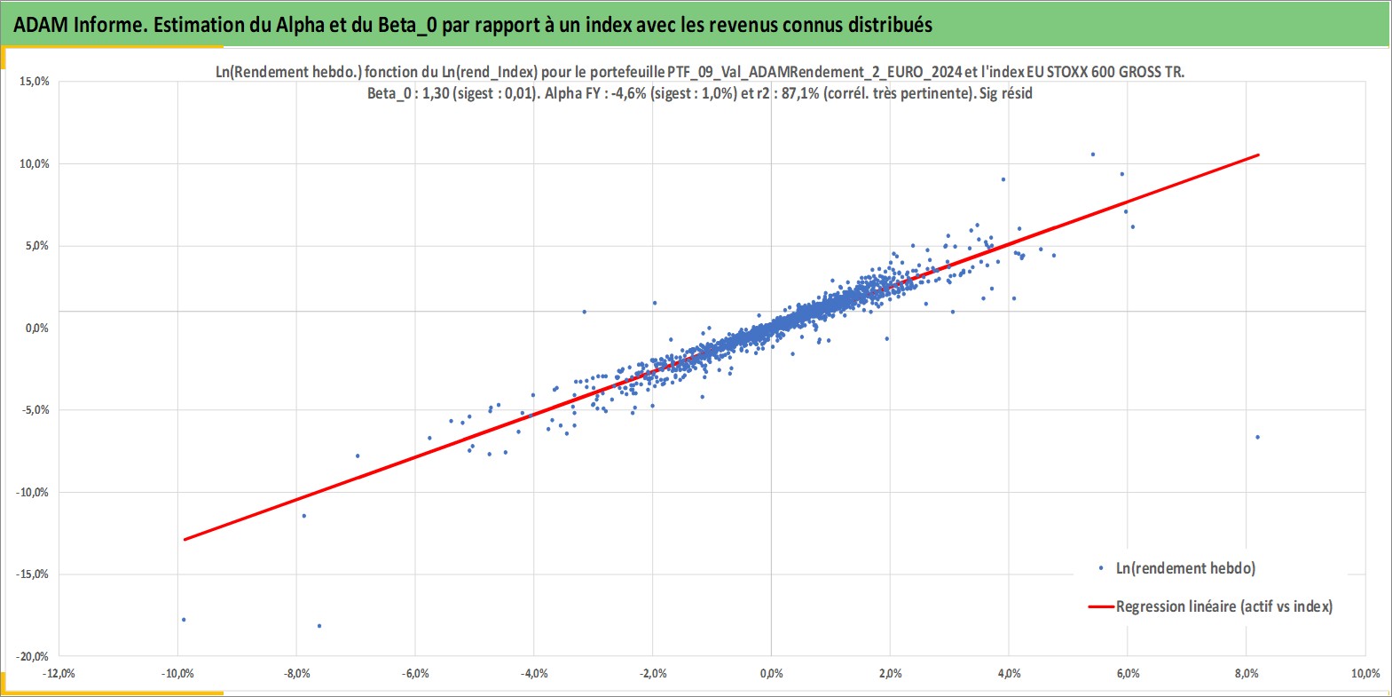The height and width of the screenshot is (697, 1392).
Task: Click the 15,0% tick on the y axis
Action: (x=35, y=82)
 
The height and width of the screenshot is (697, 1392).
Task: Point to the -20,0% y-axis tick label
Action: (x=32, y=656)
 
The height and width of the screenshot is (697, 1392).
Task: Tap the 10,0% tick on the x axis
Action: (x=1365, y=674)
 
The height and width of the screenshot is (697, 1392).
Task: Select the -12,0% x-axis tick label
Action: (x=59, y=674)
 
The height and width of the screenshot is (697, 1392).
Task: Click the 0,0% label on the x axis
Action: (x=771, y=674)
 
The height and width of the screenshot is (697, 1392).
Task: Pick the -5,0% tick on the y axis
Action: (x=35, y=410)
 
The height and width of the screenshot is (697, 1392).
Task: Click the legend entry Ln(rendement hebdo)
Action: (x=1176, y=568)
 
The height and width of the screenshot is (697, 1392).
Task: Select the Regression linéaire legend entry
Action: (x=1210, y=606)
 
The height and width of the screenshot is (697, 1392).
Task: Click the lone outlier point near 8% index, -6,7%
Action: (x=1257, y=437)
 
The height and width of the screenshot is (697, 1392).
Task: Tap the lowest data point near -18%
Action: (x=319, y=626)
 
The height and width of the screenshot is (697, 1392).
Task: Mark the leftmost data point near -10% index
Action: (x=184, y=620)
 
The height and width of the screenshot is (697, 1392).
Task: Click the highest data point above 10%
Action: (x=1092, y=154)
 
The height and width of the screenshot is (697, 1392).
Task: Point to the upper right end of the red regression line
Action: (x=1258, y=154)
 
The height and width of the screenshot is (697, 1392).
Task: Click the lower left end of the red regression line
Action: (x=185, y=539)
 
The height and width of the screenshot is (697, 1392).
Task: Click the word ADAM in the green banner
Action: (x=41, y=25)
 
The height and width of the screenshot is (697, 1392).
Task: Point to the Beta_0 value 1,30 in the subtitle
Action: (x=436, y=94)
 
